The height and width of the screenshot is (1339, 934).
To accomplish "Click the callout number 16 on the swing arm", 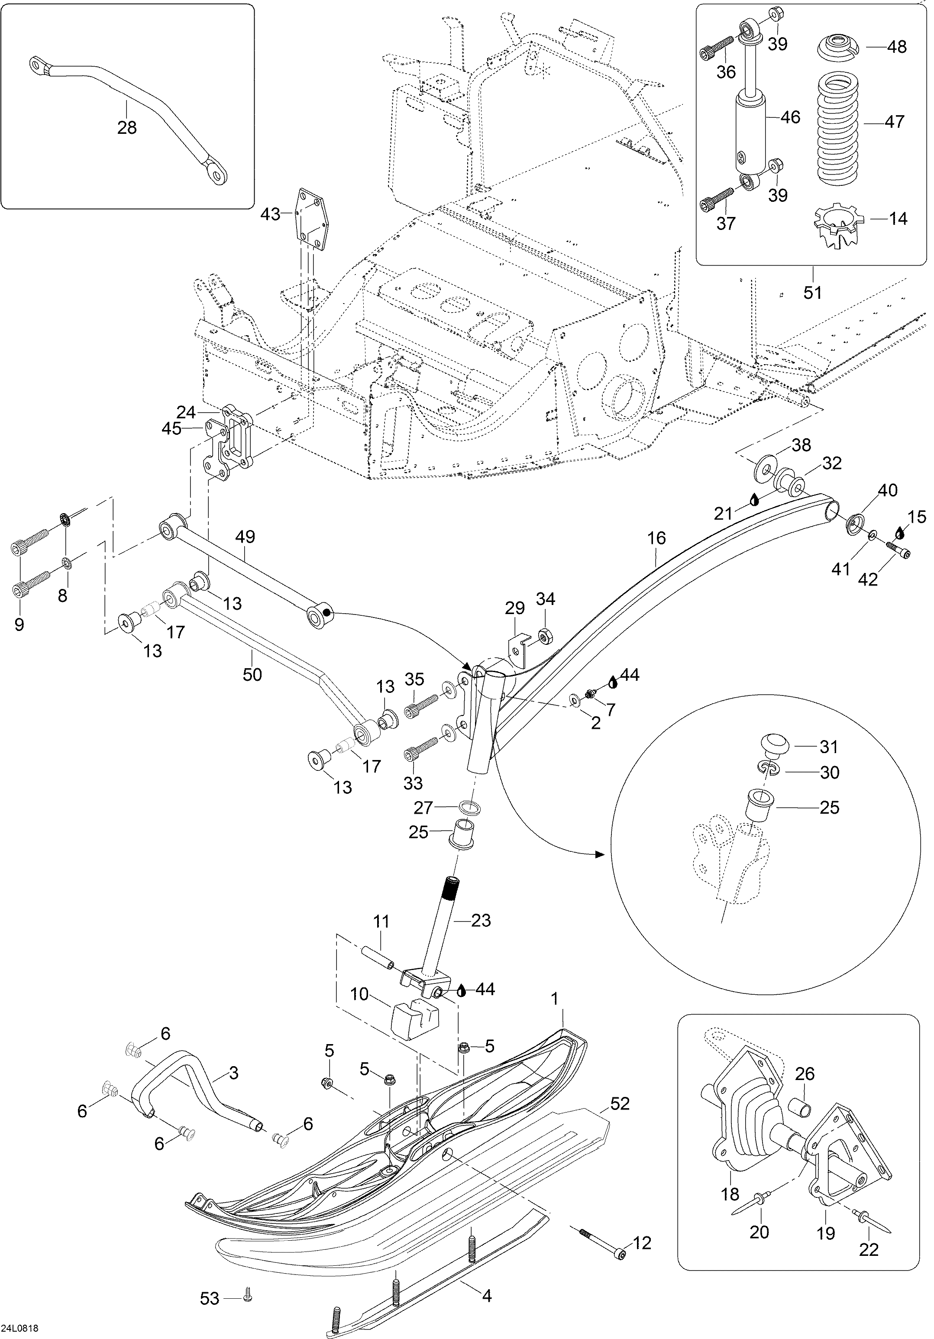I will (x=656, y=538).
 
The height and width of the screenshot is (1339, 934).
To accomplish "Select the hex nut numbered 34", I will (x=545, y=634).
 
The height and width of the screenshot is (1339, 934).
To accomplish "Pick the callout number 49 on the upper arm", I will (x=245, y=537).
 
